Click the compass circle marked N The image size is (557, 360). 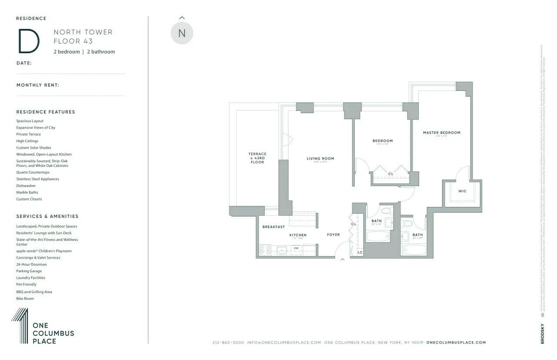(x=181, y=33)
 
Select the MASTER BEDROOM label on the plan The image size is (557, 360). (x=441, y=133)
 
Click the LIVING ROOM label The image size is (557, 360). (x=320, y=159)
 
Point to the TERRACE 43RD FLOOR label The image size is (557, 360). (x=257, y=158)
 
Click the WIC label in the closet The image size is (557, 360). (x=462, y=191)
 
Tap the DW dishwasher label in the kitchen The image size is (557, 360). (x=296, y=248)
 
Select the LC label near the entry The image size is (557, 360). (x=360, y=252)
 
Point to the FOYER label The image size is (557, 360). (x=333, y=235)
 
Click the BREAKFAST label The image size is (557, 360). (x=273, y=227)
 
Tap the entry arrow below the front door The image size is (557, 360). (x=343, y=260)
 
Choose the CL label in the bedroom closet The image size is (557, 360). (x=390, y=174)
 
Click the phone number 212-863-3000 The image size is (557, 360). (x=228, y=342)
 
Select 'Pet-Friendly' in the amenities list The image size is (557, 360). (x=26, y=284)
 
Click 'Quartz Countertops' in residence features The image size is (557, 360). (x=32, y=172)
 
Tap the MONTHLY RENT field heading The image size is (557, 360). (x=38, y=85)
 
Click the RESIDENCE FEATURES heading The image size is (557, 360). (x=45, y=112)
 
